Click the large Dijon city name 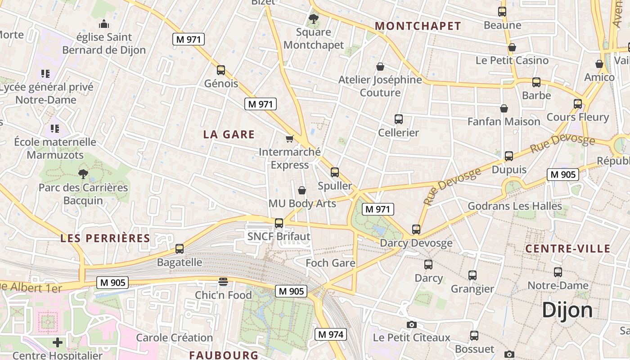coord(567,310)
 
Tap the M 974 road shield coord(330,334)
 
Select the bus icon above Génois coord(220,70)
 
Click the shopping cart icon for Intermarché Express coord(289,139)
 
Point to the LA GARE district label coord(229,134)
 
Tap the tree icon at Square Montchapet coord(314,19)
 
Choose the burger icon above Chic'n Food coord(223,282)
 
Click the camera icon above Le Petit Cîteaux coord(411,324)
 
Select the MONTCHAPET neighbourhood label coord(418,26)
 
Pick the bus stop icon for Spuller coord(334,172)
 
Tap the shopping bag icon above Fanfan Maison coord(504,108)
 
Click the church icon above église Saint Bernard coord(104,24)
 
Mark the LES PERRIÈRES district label coord(105,238)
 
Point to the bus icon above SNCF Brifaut coord(279,223)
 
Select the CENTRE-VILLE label coord(568,248)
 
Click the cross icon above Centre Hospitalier coord(58,342)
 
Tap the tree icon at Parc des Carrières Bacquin coord(83,174)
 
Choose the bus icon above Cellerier coord(398,119)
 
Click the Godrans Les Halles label coord(515,206)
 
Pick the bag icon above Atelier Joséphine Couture coord(380,67)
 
